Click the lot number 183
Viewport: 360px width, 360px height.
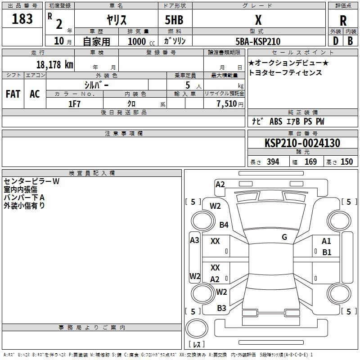click(x=22, y=19)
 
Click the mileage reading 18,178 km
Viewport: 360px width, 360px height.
click(x=54, y=64)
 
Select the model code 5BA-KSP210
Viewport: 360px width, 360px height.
click(x=258, y=41)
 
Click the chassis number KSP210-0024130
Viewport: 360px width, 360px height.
click(x=302, y=143)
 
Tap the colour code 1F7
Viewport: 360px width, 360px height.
click(x=74, y=104)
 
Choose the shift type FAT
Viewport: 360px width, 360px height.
click(x=13, y=94)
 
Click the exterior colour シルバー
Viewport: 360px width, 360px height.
click(x=96, y=85)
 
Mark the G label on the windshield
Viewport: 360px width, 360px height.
click(x=284, y=237)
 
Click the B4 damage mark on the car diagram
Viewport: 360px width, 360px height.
click(x=224, y=225)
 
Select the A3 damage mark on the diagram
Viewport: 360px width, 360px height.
click(x=194, y=240)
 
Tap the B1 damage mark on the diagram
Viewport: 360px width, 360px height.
click(x=327, y=252)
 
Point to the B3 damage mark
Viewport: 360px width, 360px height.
click(x=221, y=308)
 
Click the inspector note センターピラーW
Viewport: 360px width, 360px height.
click(x=31, y=181)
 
